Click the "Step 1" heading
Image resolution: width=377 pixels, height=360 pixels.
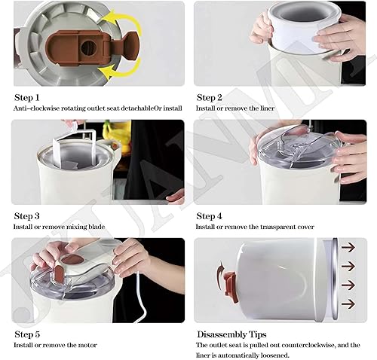27,97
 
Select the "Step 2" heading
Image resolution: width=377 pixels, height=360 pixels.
210,97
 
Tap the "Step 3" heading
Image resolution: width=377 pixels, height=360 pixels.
27,216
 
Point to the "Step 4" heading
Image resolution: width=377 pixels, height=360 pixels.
210,216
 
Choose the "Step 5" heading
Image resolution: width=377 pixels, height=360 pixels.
27,334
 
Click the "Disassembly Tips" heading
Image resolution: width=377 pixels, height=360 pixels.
231,334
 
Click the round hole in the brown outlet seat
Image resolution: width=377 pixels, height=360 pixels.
88,47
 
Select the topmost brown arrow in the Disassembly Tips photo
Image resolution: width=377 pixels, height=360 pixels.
348,247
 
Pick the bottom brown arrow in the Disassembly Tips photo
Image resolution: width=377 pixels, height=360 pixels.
348,304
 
